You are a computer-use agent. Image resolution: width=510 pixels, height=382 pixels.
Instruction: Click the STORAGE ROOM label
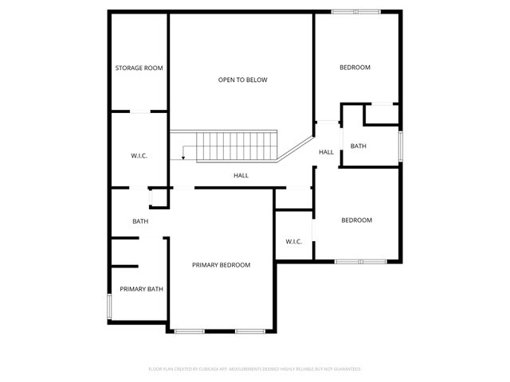click(139, 68)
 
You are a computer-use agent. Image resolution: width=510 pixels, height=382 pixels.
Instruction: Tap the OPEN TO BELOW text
click(243, 80)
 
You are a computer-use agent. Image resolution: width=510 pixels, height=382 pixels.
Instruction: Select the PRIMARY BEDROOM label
click(221, 265)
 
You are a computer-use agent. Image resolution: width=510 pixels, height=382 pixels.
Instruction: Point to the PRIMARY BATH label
click(141, 289)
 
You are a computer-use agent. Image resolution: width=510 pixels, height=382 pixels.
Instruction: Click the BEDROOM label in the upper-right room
click(355, 68)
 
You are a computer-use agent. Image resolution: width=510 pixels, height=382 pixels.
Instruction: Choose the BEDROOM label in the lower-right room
click(356, 220)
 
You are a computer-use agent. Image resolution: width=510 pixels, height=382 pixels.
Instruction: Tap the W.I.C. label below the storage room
click(139, 155)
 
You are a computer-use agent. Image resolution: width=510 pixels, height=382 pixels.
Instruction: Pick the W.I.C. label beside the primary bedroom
click(293, 241)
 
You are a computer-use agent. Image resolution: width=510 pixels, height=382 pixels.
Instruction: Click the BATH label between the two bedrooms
click(359, 146)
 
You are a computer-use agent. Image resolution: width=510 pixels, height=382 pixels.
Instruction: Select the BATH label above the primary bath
click(140, 221)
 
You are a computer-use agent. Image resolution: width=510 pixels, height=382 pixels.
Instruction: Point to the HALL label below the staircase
click(241, 175)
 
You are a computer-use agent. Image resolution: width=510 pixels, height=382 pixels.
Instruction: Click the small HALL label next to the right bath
click(326, 152)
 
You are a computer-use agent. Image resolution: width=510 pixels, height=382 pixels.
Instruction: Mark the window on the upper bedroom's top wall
click(356, 11)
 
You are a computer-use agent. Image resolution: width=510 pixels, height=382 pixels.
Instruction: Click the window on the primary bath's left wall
click(109, 307)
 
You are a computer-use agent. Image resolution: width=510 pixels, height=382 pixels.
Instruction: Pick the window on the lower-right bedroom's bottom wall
click(360, 261)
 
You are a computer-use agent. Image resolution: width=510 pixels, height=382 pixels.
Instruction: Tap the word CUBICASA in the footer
click(209, 369)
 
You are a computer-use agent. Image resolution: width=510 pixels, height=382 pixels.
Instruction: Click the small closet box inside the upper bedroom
click(382, 115)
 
